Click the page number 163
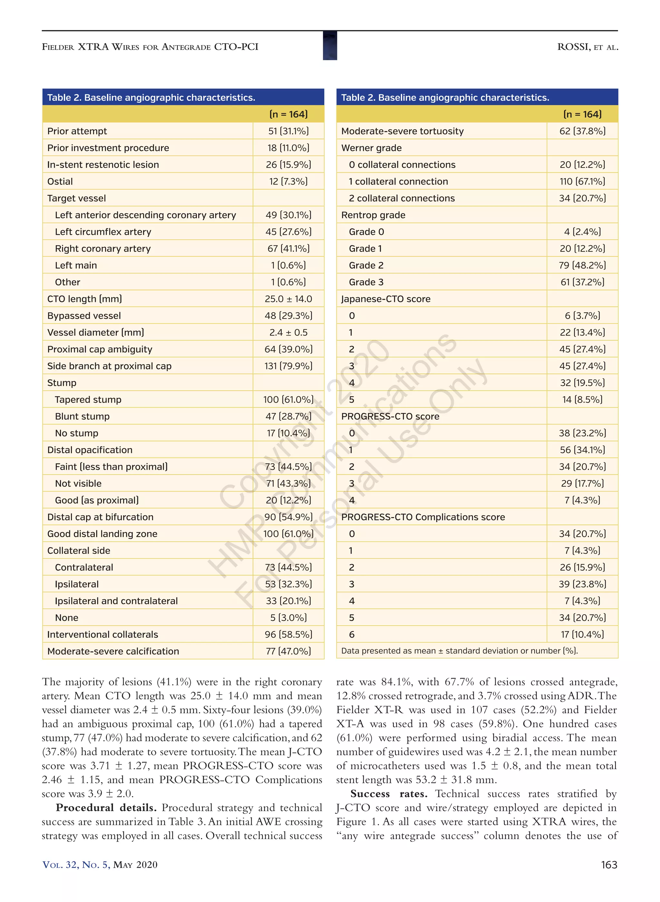(x=608, y=865)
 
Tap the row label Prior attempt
(x=77, y=131)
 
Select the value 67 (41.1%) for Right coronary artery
(x=288, y=249)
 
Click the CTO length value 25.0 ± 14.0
(x=288, y=299)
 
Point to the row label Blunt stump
(x=82, y=416)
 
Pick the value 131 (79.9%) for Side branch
(x=288, y=366)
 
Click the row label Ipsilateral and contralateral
(x=116, y=601)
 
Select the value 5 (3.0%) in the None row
(x=288, y=618)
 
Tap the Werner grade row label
(x=371, y=148)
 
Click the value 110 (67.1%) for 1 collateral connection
(x=582, y=182)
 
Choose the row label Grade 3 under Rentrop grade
(x=366, y=282)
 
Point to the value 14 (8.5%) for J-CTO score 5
(x=582, y=399)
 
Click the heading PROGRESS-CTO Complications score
(x=423, y=517)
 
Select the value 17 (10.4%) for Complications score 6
(x=582, y=635)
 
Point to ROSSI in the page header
(x=574, y=47)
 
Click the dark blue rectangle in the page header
(x=330, y=45)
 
